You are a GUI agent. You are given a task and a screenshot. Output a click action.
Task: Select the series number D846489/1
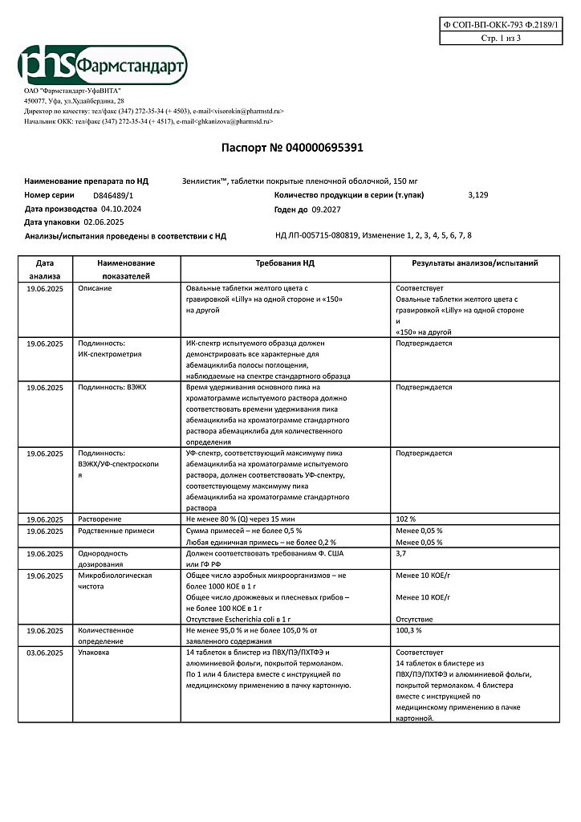click(113, 195)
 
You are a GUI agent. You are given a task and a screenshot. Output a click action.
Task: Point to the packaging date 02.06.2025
click(104, 222)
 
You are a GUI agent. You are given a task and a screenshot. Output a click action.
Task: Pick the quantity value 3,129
click(477, 195)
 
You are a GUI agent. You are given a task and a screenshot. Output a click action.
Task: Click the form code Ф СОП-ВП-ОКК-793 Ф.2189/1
click(503, 26)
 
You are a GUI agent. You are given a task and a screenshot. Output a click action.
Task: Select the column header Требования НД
click(285, 262)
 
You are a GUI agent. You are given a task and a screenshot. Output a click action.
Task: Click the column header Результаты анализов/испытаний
click(474, 262)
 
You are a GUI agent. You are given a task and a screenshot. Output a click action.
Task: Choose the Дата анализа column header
click(45, 269)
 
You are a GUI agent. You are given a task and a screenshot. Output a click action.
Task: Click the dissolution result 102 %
click(407, 519)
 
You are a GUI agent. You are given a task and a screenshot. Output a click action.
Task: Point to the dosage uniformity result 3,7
click(401, 553)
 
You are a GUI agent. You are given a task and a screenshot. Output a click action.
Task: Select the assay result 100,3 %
click(409, 630)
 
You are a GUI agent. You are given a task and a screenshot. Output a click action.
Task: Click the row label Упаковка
click(95, 653)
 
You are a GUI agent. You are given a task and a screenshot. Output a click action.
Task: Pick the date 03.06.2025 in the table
click(45, 653)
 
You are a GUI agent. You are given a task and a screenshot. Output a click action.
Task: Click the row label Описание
click(95, 287)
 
